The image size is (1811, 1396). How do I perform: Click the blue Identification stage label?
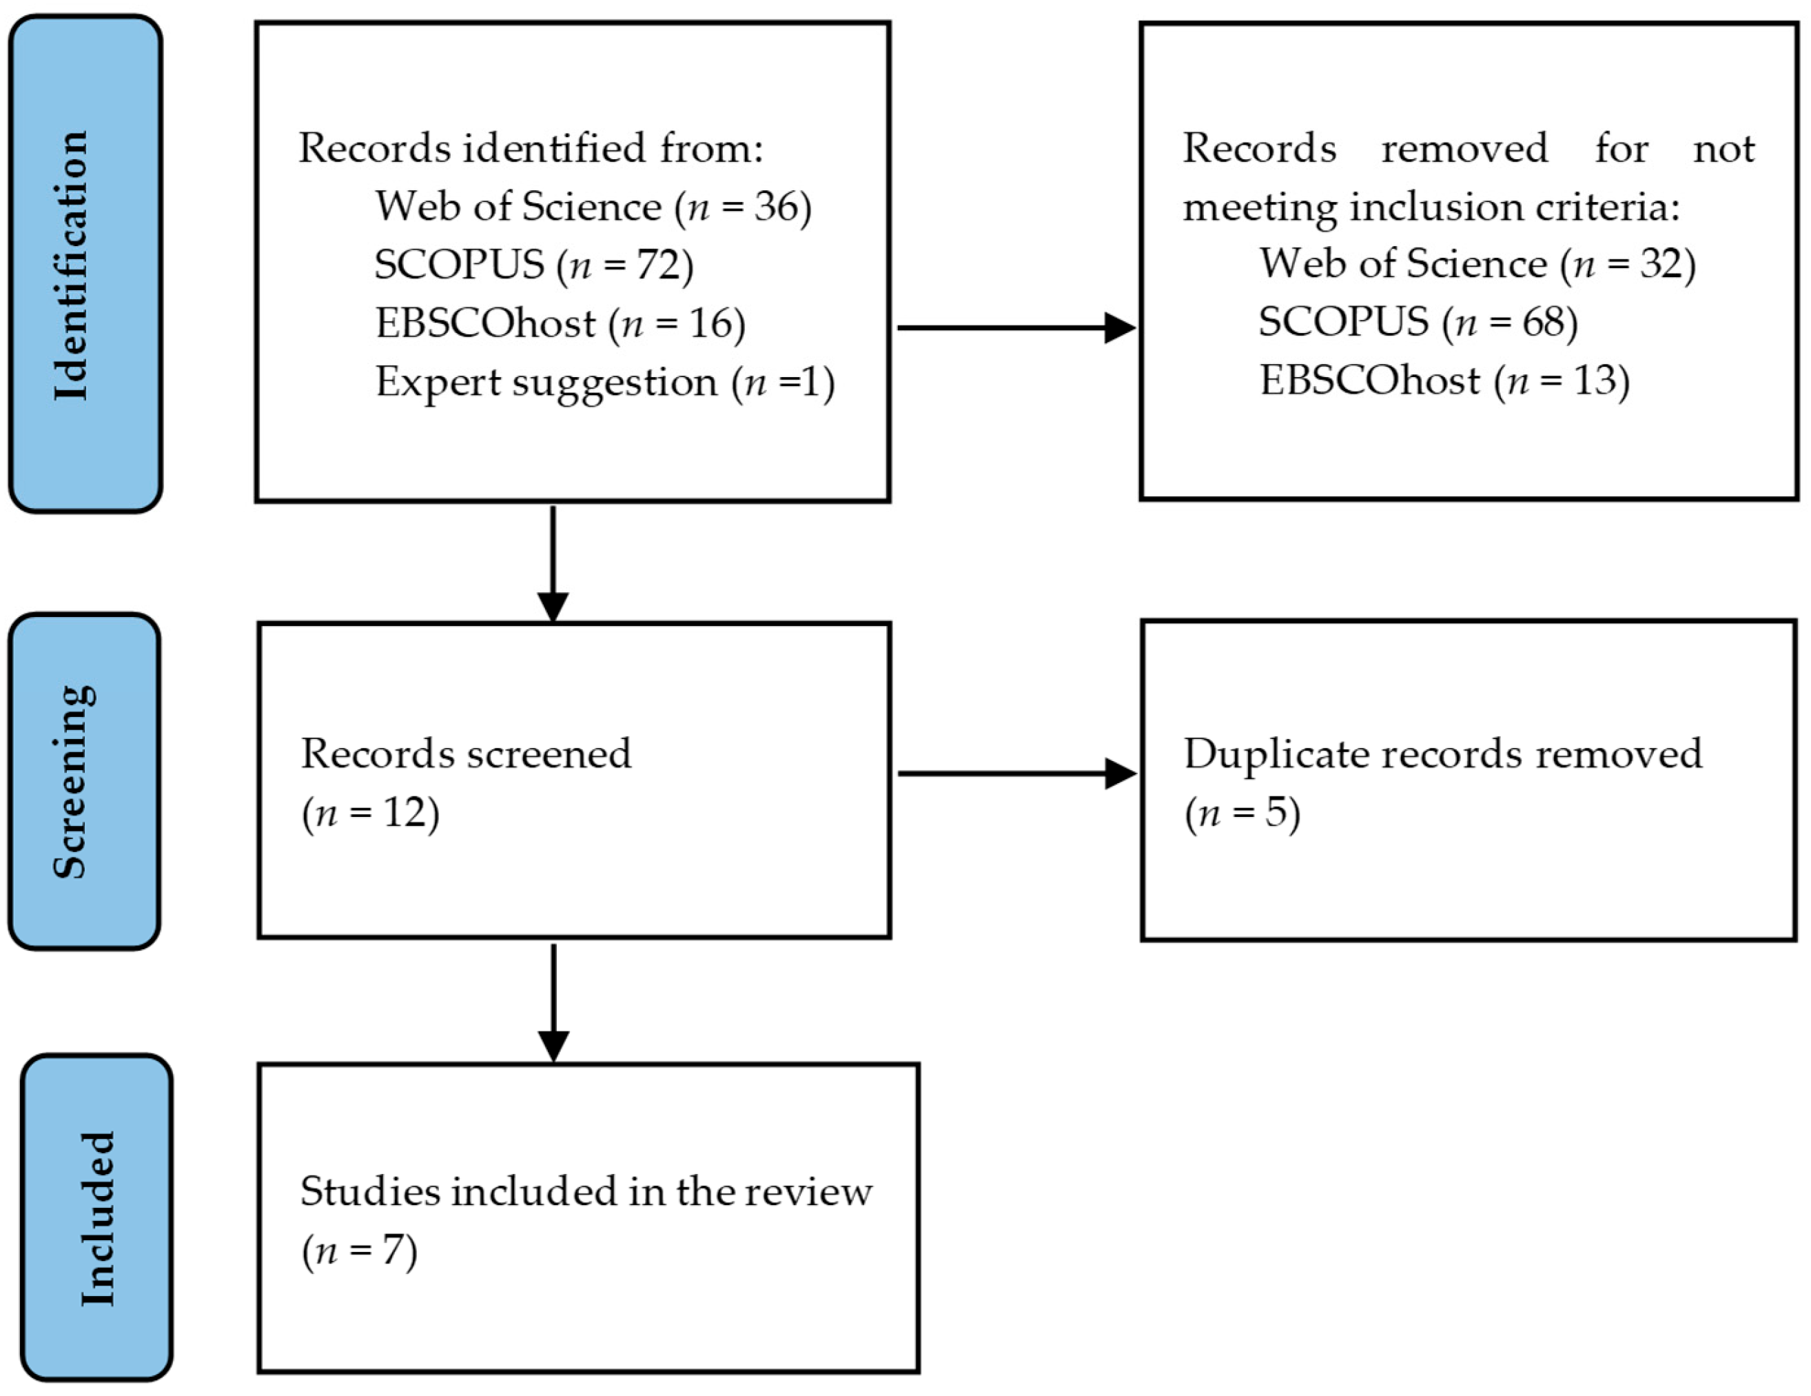click(85, 264)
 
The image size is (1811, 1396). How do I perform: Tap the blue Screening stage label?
click(84, 781)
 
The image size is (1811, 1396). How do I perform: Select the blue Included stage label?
click(97, 1217)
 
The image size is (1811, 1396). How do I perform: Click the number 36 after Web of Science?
click(775, 207)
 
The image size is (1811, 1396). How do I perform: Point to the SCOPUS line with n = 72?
click(533, 265)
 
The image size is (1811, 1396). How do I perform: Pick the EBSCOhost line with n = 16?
click(560, 323)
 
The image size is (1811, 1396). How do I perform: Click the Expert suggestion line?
click(604, 383)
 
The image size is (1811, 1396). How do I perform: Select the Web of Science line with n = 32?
click(1477, 264)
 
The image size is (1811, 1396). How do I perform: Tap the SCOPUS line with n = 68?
click(1417, 322)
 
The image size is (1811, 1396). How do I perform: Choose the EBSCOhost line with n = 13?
click(1444, 381)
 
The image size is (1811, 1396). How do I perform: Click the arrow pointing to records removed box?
click(1015, 327)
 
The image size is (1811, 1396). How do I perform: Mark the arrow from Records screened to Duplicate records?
click(1016, 774)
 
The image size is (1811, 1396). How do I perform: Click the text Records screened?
click(465, 754)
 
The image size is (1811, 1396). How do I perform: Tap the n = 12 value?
click(370, 813)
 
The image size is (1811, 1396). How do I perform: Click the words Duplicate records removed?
click(1442, 754)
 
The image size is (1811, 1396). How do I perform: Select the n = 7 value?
click(359, 1251)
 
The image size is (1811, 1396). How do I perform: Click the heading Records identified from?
click(530, 148)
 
